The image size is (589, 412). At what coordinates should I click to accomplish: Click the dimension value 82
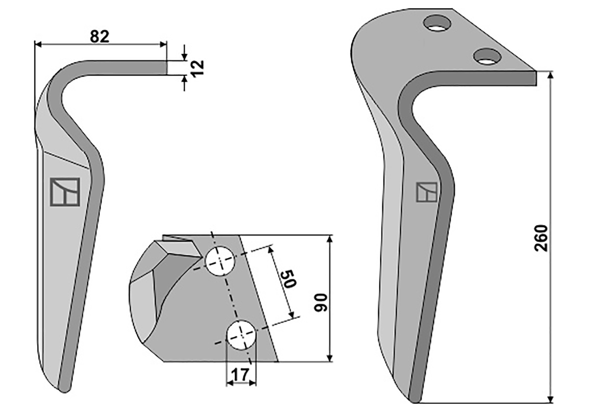[x=99, y=36]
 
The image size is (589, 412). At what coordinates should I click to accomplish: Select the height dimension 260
[x=541, y=238]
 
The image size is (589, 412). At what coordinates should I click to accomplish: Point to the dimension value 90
[x=321, y=302]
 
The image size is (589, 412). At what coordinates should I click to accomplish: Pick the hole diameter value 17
[x=241, y=375]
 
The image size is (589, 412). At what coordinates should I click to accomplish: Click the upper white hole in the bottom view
[x=220, y=261]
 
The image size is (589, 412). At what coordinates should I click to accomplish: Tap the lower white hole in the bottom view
[x=241, y=335]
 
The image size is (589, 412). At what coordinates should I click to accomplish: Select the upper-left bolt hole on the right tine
[x=437, y=23]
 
